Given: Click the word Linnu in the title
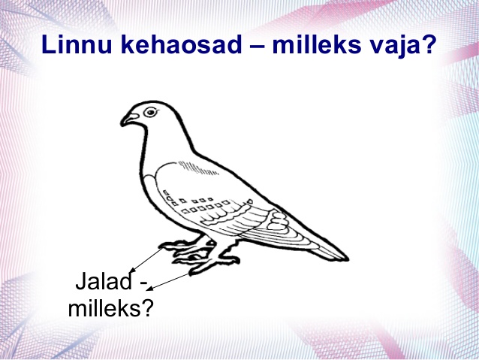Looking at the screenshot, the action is click(77, 44).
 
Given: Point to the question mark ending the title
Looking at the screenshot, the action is click(427, 44).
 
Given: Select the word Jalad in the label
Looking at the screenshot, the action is click(104, 281).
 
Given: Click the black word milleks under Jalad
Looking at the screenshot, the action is click(104, 307).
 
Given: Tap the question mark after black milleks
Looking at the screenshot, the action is click(146, 307).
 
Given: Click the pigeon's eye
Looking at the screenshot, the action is click(150, 112).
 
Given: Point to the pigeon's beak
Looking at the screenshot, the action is click(129, 119).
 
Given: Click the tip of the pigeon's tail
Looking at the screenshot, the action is click(347, 259).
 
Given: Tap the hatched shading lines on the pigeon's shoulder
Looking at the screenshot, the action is click(197, 168).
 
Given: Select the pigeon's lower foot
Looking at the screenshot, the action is click(211, 263).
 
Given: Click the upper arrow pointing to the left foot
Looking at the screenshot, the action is click(146, 260).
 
